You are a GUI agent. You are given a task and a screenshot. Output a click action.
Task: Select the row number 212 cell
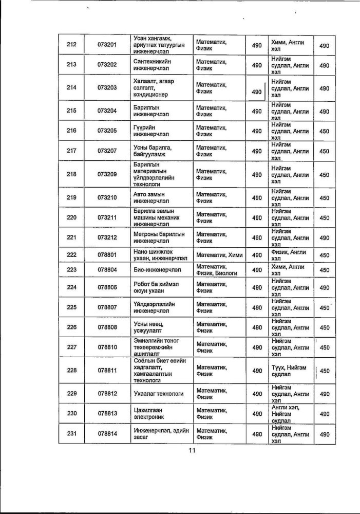pyautogui.click(x=71, y=45)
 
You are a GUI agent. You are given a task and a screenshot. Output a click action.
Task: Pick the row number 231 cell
pyautogui.click(x=71, y=434)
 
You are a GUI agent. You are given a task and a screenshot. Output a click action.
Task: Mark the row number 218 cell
pyautogui.click(x=71, y=174)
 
